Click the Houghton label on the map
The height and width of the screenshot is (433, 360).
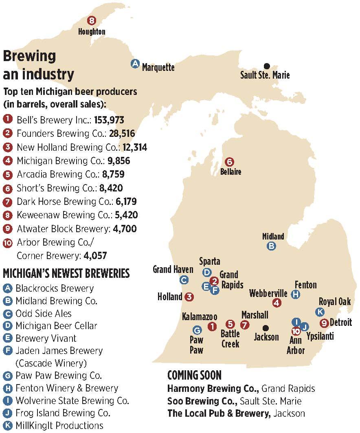[x=92, y=31]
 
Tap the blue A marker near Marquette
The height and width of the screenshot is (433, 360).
[x=135, y=64]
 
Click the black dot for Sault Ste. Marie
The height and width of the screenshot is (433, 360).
[x=267, y=66]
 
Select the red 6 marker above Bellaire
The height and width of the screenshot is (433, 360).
[x=229, y=162]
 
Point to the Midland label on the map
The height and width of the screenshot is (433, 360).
[x=273, y=236]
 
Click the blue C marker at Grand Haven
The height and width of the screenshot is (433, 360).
[x=184, y=280]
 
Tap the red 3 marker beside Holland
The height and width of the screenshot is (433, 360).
[x=189, y=297]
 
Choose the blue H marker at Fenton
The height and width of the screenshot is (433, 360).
[x=296, y=294]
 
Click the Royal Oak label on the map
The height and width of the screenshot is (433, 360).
[x=334, y=301]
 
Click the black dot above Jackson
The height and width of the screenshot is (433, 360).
[x=266, y=327]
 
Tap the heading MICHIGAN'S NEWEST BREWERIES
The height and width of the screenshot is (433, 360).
[x=66, y=273]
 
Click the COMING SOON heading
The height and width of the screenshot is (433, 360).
[x=194, y=375]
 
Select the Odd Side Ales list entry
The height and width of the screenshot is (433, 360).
[x=44, y=313]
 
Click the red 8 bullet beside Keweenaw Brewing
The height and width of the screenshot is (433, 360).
[x=7, y=215]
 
